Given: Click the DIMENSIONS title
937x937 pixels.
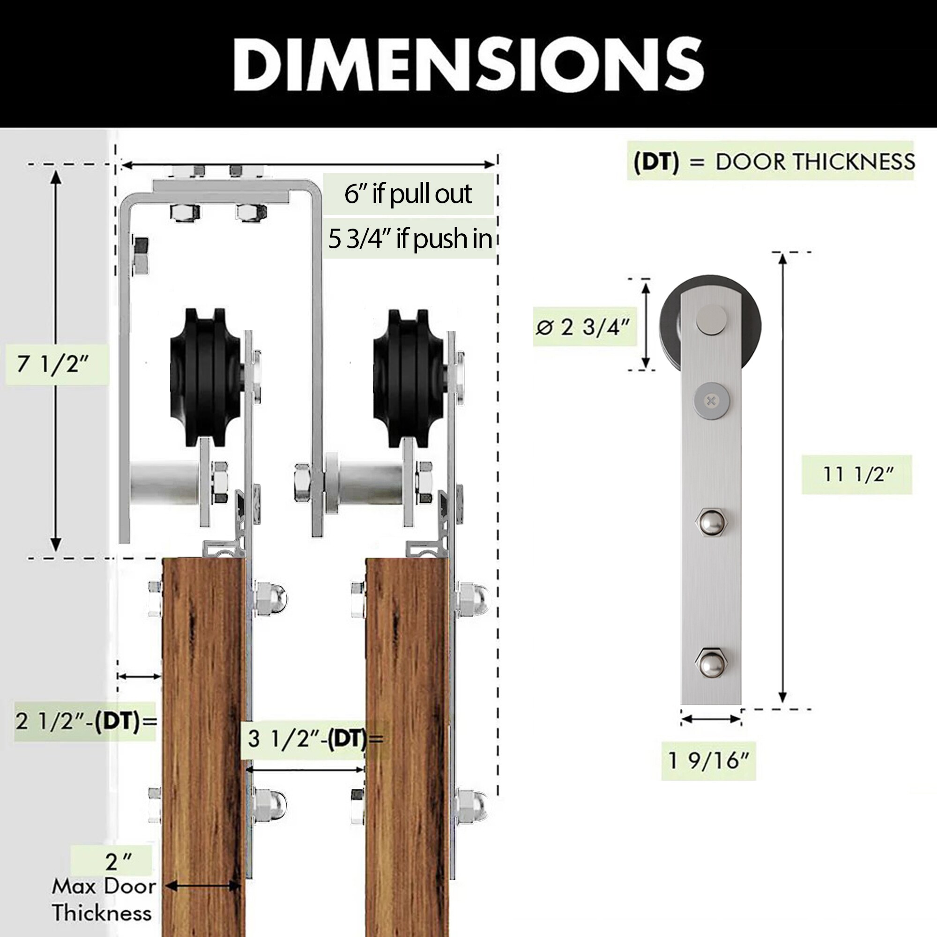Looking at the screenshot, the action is coord(468,64).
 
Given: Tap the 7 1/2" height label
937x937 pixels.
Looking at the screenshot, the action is coord(53,364).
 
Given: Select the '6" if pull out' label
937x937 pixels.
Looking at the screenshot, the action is coord(408,194).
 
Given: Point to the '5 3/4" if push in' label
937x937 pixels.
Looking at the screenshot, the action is coord(410,238).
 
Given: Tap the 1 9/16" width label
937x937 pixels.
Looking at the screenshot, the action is coord(708,760).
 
